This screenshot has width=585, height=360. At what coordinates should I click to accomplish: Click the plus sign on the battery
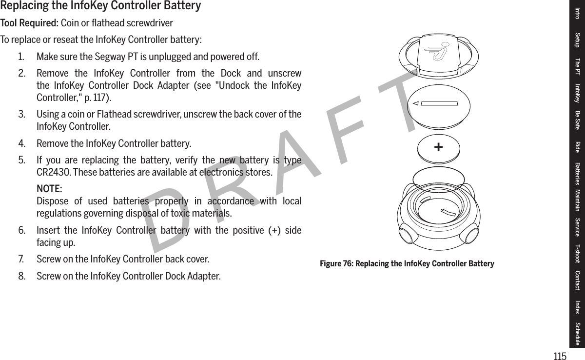[x=439, y=146]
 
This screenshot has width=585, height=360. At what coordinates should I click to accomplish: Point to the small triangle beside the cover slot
[x=415, y=103]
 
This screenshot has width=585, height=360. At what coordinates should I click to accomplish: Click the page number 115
[x=560, y=356]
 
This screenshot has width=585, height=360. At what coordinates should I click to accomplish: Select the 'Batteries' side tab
[x=578, y=174]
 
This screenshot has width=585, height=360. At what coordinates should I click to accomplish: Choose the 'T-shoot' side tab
[x=578, y=253]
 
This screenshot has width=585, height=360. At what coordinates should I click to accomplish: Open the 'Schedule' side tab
[x=578, y=334]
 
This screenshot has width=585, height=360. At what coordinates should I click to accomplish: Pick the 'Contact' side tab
[x=578, y=280]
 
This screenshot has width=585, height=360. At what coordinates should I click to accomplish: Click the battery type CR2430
[x=54, y=173]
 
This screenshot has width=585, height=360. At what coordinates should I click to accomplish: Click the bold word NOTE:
[x=49, y=189]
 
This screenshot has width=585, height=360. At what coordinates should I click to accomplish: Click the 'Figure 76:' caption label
[x=336, y=264]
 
